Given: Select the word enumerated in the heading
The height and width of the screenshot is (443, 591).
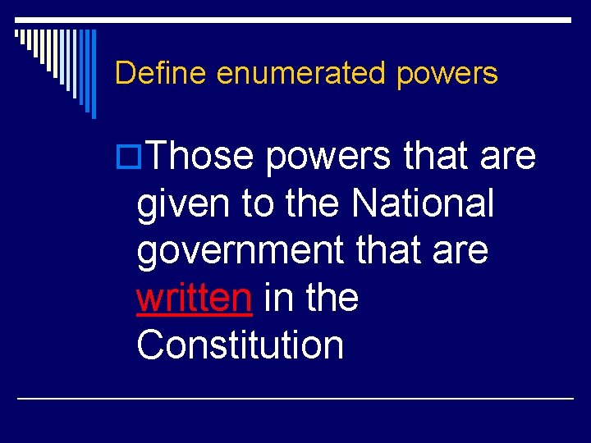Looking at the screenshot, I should tap(301, 74).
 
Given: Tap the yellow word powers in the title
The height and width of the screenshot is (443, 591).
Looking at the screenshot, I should tap(447, 74).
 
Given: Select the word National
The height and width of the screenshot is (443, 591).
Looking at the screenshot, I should tap(423, 203).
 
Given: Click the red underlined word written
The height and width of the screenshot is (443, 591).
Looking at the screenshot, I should tap(194, 298).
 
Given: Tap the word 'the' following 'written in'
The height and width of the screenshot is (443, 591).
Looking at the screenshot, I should tap(332, 298).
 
